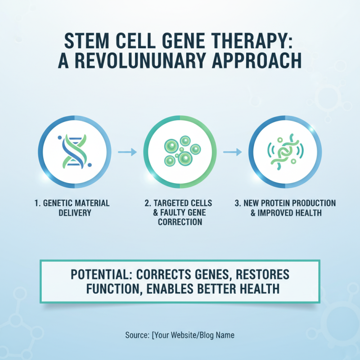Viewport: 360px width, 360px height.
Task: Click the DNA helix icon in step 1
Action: coord(74,151)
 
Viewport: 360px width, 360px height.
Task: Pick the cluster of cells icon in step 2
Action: coord(180,151)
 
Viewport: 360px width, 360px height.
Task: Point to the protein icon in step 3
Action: coord(286,151)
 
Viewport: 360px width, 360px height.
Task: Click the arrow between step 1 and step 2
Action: coord(127,152)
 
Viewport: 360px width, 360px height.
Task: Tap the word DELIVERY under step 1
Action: coord(75,212)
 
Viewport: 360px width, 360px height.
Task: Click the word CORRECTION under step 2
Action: coord(180,222)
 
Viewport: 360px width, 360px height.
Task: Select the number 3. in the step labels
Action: coord(238,203)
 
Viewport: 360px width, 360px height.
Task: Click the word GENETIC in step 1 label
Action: coord(58,203)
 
